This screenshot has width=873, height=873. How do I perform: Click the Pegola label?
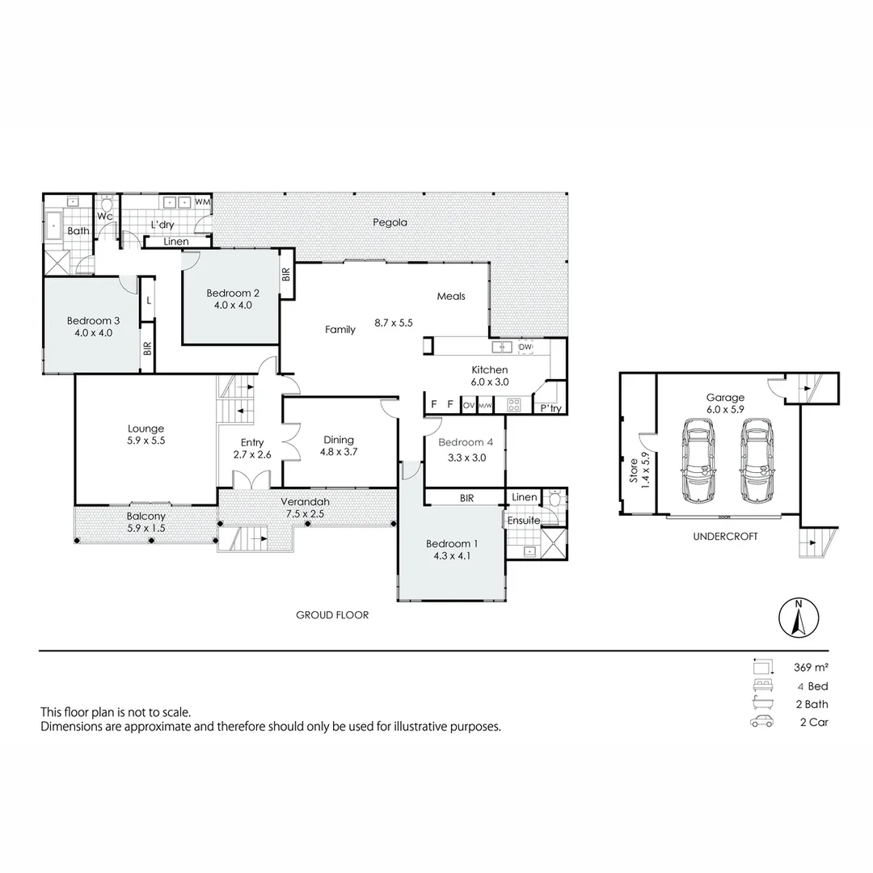pyautogui.click(x=390, y=222)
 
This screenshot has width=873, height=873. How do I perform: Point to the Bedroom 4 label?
pyautogui.click(x=466, y=442)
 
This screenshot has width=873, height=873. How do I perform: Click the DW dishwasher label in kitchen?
pyautogui.click(x=525, y=347)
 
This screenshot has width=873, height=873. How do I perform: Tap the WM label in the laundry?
pyautogui.click(x=203, y=201)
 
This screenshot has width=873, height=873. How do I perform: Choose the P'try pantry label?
pyautogui.click(x=550, y=409)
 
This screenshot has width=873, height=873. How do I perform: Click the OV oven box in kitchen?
pyautogui.click(x=468, y=405)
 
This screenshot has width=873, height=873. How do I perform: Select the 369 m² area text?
pyautogui.click(x=811, y=668)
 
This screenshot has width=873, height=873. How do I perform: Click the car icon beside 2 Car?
pyautogui.click(x=761, y=722)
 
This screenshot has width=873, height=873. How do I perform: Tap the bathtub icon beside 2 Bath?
pyautogui.click(x=761, y=703)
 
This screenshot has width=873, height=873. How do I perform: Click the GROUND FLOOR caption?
pyautogui.click(x=332, y=615)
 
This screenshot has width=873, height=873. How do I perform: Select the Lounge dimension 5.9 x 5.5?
pyautogui.click(x=145, y=441)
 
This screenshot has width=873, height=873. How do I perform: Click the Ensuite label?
pyautogui.click(x=524, y=521)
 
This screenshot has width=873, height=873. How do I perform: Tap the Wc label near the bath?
pyautogui.click(x=105, y=217)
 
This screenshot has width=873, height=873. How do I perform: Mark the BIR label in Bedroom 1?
pyautogui.click(x=466, y=499)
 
